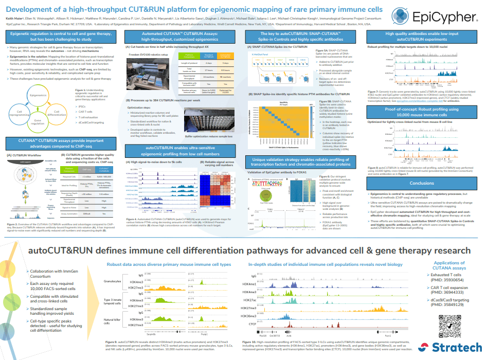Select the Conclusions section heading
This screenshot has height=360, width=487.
pyautogui.click(x=422, y=183)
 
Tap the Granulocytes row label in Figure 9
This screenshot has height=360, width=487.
pyautogui.click(x=112, y=281)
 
